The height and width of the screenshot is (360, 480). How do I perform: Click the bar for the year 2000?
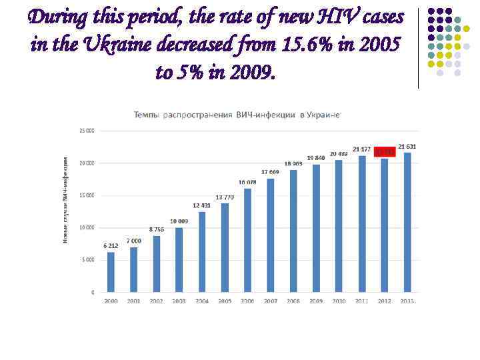point(111,272)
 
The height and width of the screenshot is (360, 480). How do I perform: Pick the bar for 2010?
point(339,226)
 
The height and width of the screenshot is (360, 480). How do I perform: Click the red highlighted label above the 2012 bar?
point(384,152)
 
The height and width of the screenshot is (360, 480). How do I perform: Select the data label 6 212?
point(111,245)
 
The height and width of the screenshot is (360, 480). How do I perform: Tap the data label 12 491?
point(202,205)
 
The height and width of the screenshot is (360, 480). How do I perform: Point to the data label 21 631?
point(407,146)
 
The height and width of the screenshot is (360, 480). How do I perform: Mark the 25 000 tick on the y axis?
point(87,131)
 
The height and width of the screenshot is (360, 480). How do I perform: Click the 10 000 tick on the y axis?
point(87,227)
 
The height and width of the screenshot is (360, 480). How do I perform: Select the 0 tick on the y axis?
point(92,292)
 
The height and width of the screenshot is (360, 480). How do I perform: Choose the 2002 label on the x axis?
point(156,301)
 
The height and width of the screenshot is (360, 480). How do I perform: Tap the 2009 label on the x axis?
point(316,301)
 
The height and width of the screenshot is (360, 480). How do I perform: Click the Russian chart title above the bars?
point(237,115)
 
